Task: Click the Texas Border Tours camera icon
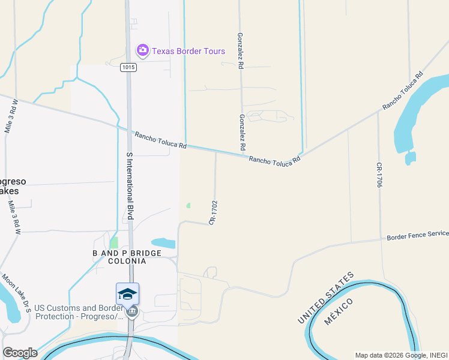coord(142,50)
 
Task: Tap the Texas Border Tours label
coord(188,51)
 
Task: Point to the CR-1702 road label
coord(212,213)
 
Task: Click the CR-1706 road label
coord(379,175)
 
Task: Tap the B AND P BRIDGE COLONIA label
coord(127,257)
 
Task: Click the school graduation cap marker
coord(127,294)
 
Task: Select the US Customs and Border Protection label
coord(77,312)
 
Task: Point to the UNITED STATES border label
coord(325,298)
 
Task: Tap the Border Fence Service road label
coord(417,236)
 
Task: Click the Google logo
coord(20,353)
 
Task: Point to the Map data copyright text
coord(401,355)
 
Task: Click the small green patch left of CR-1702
coord(188,205)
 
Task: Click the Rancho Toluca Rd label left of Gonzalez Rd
coord(160,141)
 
